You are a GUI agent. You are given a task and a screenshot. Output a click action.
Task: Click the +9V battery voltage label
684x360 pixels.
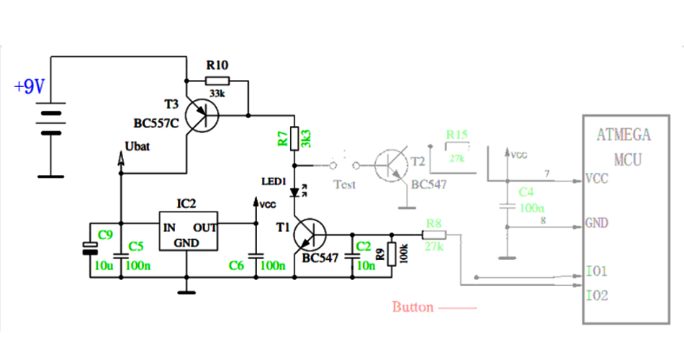pyautogui.click(x=30, y=88)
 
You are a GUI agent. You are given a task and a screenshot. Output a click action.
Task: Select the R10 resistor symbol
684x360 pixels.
pyautogui.click(x=217, y=81)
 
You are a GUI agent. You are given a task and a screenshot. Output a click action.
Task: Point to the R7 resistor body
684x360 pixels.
pyautogui.click(x=294, y=137)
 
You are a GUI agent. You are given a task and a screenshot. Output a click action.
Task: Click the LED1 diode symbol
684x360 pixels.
pyautogui.click(x=294, y=192)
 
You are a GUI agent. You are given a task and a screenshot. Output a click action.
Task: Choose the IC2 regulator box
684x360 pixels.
pyautogui.click(x=188, y=231)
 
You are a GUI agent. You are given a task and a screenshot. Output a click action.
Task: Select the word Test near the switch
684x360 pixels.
pyautogui.click(x=345, y=184)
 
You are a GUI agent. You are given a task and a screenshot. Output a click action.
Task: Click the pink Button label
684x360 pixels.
pyautogui.click(x=413, y=307)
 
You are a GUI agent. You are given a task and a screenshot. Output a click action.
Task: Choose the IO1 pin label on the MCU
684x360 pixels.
pyautogui.click(x=597, y=271)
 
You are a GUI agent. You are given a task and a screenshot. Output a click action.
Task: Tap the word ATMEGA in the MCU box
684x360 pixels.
pyautogui.click(x=624, y=135)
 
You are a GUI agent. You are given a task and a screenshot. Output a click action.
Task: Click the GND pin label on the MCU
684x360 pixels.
pyautogui.click(x=597, y=223)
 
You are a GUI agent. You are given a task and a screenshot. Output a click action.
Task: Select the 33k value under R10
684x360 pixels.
pyautogui.click(x=217, y=94)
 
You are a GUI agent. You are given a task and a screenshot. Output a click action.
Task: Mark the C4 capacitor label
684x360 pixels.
pyautogui.click(x=526, y=192)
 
